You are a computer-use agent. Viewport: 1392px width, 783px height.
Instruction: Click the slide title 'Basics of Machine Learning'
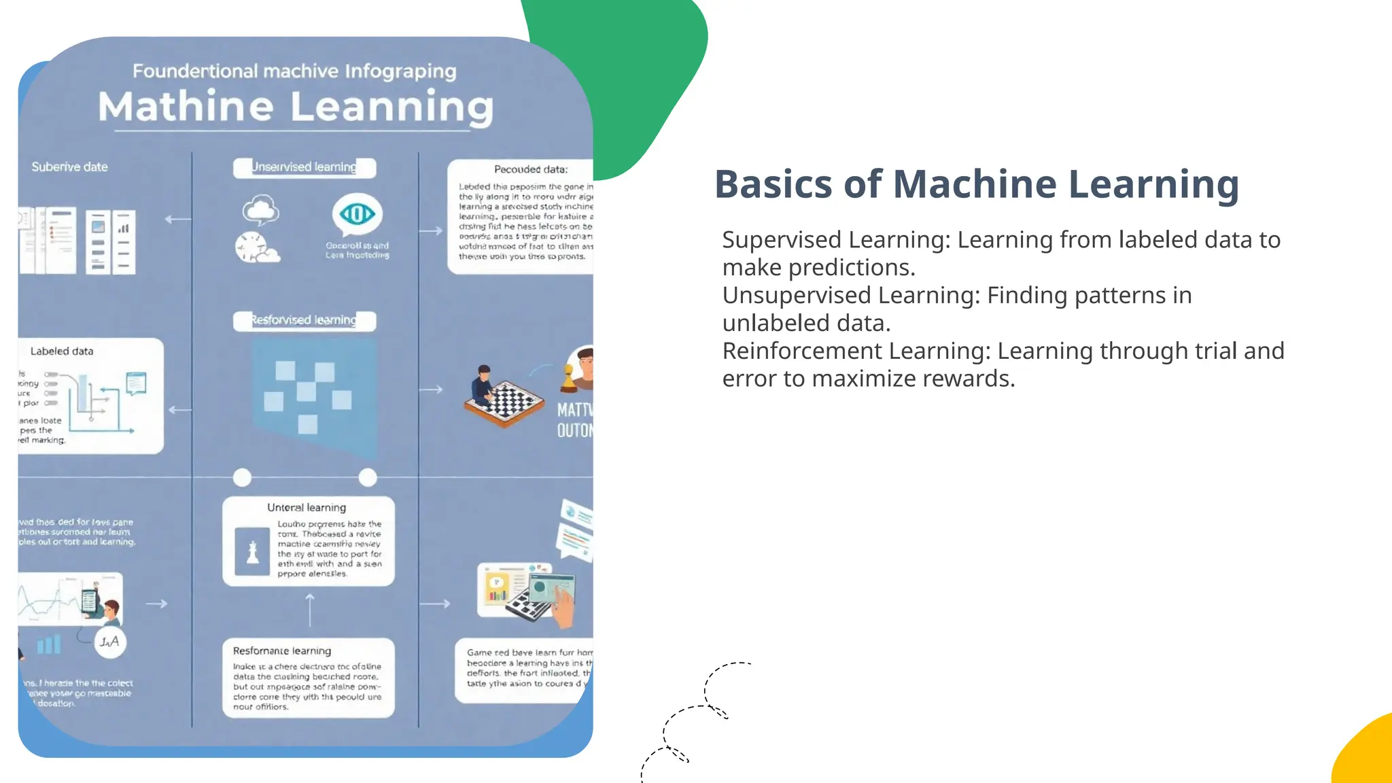(976, 185)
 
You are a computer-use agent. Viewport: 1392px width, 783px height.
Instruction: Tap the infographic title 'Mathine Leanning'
(296, 107)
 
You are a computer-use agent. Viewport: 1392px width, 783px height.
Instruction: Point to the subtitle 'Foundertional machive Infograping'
(294, 71)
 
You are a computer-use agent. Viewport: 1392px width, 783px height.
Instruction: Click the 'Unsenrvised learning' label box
(304, 167)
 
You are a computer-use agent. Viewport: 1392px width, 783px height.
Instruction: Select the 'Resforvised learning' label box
(304, 320)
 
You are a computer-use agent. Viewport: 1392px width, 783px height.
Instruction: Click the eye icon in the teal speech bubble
(357, 214)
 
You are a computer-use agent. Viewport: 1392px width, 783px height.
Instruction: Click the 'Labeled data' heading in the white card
(62, 351)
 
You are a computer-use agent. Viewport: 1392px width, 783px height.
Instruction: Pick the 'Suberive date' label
(69, 167)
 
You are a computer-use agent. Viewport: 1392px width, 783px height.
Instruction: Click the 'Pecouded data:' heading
(530, 169)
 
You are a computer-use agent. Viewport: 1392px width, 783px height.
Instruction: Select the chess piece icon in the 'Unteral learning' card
(252, 552)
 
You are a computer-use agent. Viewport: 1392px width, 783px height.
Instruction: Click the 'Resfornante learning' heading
(282, 651)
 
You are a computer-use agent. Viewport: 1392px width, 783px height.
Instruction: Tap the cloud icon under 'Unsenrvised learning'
(260, 210)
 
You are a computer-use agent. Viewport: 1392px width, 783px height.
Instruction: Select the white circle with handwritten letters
(110, 642)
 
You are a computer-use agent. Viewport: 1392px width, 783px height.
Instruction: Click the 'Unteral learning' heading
(307, 508)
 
